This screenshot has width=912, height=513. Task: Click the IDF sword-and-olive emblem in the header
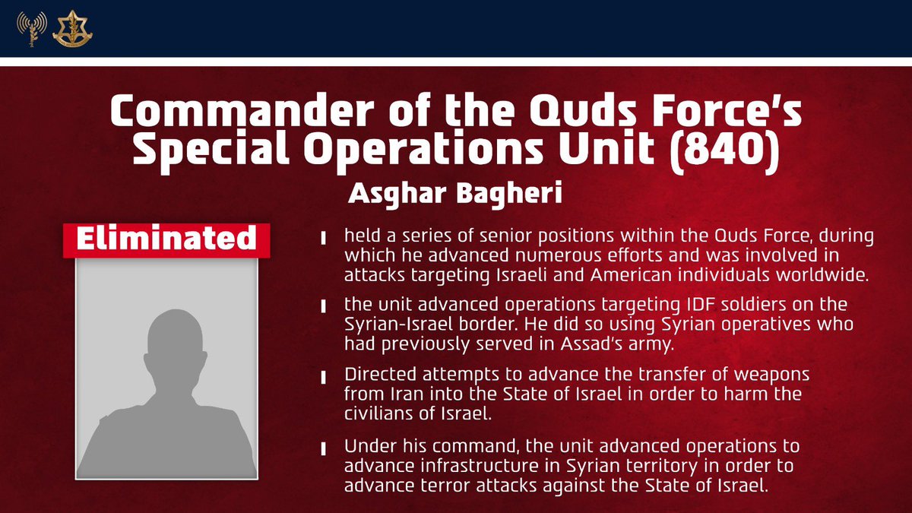pos(67,28)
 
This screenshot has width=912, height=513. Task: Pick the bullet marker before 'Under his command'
pos(325,447)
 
